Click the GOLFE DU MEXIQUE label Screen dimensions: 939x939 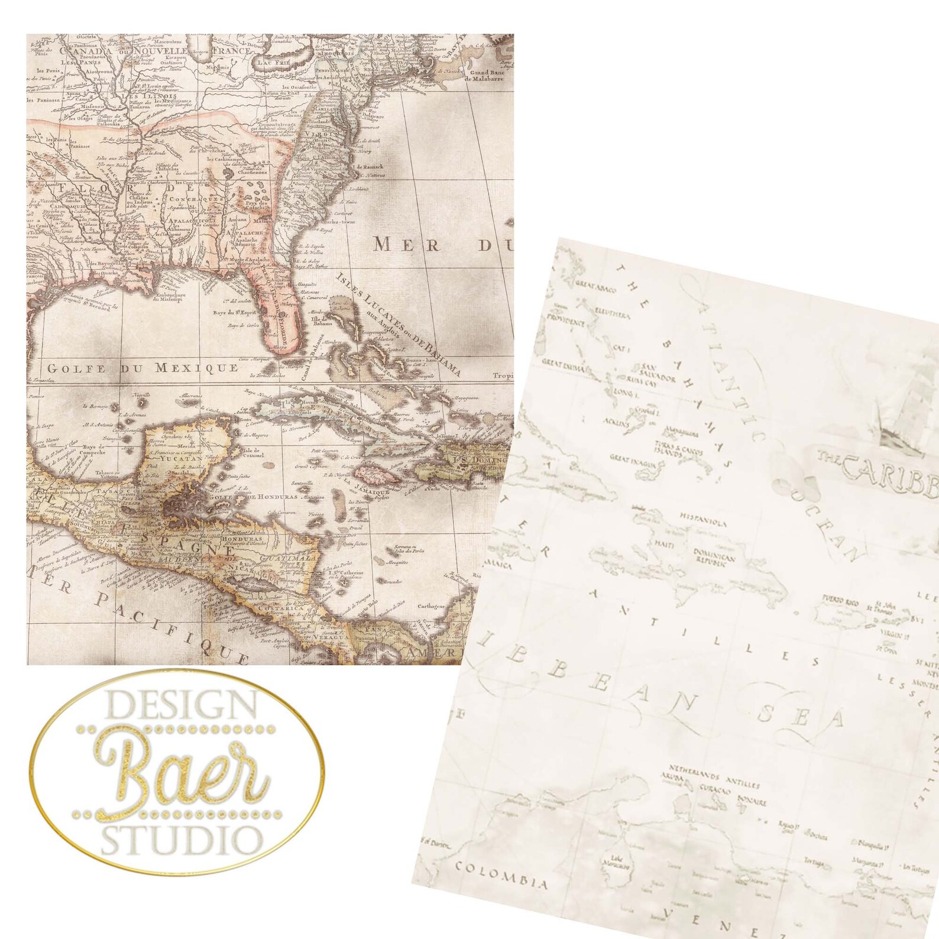[x=143, y=368]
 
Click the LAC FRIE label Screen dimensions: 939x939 [x=273, y=63]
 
